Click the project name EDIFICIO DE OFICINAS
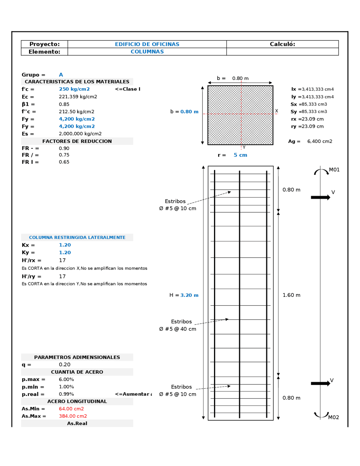(147, 44)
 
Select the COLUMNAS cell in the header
(147, 52)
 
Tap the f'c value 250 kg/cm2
(74, 89)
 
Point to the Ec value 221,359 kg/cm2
(78, 97)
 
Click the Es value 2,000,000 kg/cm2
(80, 134)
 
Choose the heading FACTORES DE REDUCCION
(77, 141)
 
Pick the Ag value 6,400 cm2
(319, 141)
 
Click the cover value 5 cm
(240, 155)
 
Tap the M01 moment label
(334, 170)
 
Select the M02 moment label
(334, 417)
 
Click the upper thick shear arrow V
(320, 198)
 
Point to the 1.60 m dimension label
(291, 295)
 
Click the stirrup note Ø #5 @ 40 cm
(177, 329)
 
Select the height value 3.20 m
(189, 295)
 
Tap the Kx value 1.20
(65, 245)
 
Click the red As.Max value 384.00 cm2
(73, 416)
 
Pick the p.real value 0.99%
(66, 394)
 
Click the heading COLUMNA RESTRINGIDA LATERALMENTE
(77, 238)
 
